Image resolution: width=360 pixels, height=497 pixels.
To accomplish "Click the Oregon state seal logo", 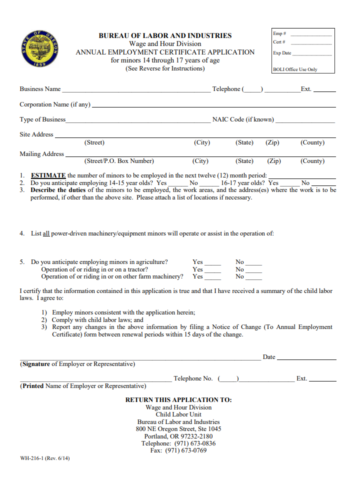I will [x=41, y=50].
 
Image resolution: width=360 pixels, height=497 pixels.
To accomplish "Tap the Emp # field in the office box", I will [x=310, y=34].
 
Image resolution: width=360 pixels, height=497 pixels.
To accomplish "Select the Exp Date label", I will [x=282, y=53].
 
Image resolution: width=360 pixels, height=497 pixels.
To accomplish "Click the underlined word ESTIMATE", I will [x=48, y=175].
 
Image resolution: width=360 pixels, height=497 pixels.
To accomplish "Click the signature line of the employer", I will [x=140, y=358].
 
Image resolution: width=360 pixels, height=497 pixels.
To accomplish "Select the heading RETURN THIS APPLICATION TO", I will [x=178, y=400].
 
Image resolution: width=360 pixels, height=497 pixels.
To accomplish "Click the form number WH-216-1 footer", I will [x=45, y=458].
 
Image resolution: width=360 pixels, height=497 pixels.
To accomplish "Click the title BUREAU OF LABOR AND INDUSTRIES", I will [x=165, y=35].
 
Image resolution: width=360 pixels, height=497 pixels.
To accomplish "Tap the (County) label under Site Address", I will [x=312, y=143].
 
